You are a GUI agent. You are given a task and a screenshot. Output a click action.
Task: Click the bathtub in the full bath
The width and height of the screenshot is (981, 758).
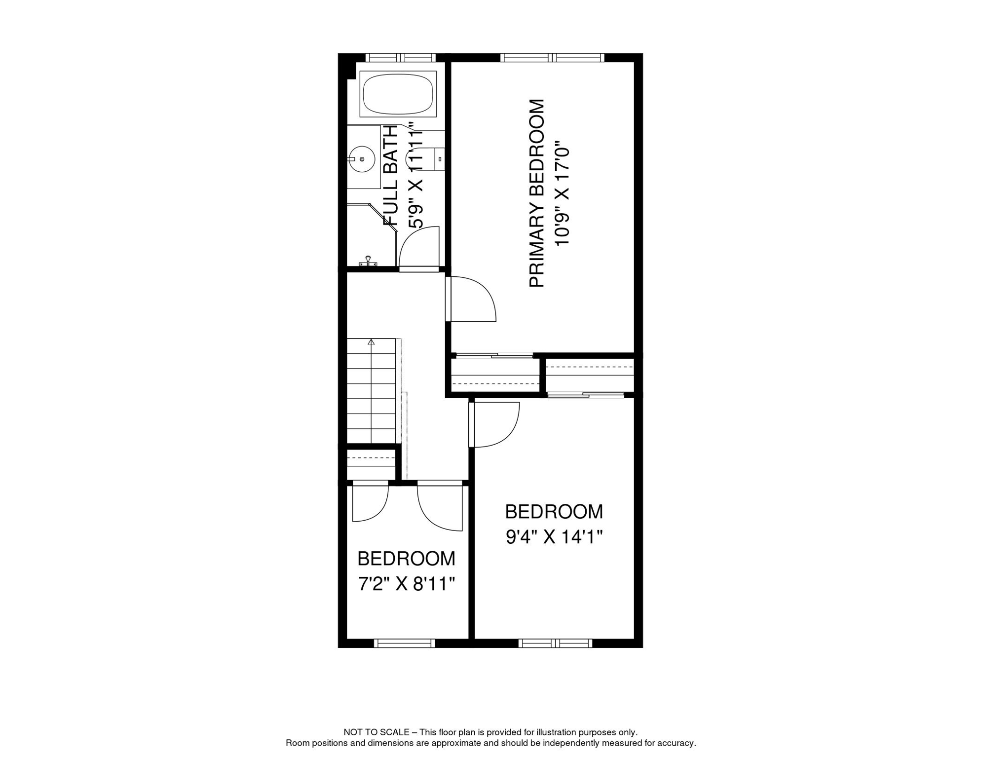[x=398, y=94]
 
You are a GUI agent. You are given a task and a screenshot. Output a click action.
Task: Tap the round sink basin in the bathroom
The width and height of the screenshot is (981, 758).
[x=362, y=159]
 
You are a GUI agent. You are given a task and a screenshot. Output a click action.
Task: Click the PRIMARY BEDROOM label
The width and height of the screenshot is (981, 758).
[x=537, y=193]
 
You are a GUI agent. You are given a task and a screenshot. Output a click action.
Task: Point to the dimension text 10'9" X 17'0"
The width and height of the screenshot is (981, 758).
[x=562, y=196]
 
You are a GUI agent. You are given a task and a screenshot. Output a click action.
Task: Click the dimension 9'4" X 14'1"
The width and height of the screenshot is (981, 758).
[x=554, y=537]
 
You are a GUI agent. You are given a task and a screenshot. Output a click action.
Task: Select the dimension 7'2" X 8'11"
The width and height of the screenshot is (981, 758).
[x=406, y=584]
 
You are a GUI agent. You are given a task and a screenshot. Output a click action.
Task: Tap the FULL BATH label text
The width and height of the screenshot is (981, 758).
[x=391, y=175]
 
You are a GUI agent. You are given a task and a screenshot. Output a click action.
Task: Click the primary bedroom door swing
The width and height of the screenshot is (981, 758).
[x=472, y=300]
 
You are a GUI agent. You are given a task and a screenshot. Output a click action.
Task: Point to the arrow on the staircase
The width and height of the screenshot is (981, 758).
[x=372, y=341]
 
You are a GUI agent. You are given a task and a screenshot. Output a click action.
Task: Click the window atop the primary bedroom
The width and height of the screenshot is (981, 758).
[x=552, y=58]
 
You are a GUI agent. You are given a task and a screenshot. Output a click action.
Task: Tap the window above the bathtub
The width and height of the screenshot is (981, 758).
[x=400, y=58]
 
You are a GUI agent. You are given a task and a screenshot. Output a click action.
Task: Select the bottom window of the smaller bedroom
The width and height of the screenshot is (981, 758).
[x=404, y=643]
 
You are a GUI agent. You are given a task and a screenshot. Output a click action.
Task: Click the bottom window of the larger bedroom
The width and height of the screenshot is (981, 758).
[x=555, y=643]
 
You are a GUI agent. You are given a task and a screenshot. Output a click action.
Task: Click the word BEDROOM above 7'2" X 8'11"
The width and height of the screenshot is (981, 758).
[x=406, y=559]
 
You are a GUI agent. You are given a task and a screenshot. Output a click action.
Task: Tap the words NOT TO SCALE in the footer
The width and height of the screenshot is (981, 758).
[x=377, y=732]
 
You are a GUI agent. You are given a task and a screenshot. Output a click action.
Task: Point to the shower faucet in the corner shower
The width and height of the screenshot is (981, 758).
[x=368, y=261]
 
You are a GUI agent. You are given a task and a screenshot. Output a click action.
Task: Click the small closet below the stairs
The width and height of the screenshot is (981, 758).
[x=372, y=464]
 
